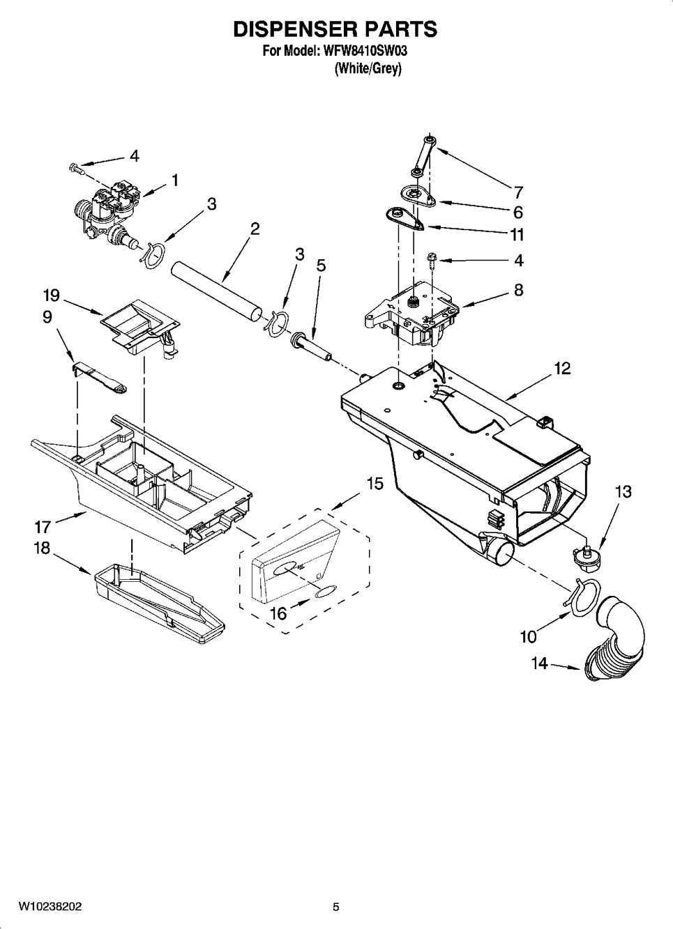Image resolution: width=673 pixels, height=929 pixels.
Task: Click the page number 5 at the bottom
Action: (335, 907)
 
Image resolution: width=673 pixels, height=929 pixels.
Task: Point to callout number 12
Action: (562, 368)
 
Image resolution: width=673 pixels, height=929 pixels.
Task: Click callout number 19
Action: (51, 295)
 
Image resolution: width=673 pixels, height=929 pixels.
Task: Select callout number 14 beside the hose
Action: (540, 663)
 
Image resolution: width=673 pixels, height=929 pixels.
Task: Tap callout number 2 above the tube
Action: (255, 229)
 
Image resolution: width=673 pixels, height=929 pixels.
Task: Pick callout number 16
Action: (278, 613)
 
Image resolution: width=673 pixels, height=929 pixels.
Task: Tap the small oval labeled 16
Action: (324, 592)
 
